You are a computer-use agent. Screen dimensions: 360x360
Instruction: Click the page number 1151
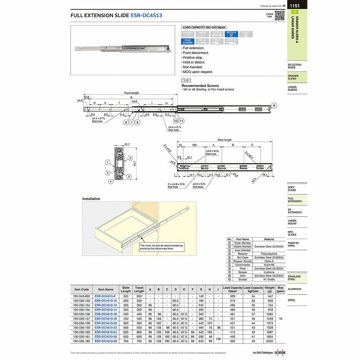click(295, 6)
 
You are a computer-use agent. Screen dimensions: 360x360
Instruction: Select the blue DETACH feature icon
click(231, 34)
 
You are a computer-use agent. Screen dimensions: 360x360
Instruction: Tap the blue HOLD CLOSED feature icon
click(188, 41)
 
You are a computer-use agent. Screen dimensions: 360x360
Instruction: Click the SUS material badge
click(186, 81)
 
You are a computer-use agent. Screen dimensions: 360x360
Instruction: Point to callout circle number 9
click(274, 105)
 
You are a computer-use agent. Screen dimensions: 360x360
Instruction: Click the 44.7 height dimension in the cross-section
click(134, 163)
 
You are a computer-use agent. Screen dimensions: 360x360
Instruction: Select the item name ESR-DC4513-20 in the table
click(106, 323)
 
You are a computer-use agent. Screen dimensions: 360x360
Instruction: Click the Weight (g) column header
click(269, 289)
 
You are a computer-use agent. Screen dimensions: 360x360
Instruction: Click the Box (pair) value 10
click(280, 319)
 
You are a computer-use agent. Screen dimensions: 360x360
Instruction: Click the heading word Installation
click(91, 199)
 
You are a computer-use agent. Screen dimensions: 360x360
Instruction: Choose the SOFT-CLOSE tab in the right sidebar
click(292, 189)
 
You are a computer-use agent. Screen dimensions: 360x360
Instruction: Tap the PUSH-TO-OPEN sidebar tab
click(294, 244)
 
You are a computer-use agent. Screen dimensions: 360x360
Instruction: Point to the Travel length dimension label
click(131, 93)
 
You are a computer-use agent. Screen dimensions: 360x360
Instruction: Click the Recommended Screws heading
click(200, 86)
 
